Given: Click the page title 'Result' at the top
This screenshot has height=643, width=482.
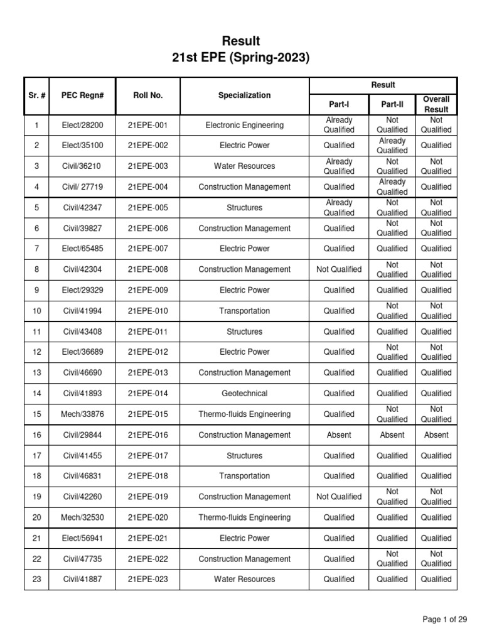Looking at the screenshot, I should click(240, 41).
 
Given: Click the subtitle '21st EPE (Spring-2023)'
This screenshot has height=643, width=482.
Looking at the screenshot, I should click(240, 58).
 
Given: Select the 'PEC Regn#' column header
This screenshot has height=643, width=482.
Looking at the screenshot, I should click(82, 95).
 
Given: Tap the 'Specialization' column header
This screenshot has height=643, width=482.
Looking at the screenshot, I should click(244, 95).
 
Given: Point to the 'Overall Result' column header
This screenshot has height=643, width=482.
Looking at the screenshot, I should click(436, 104).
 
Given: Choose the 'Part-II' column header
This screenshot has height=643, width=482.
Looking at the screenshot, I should click(392, 104).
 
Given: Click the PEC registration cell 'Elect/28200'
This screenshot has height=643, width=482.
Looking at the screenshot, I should click(82, 125).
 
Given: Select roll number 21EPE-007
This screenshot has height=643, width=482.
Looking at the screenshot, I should click(148, 249).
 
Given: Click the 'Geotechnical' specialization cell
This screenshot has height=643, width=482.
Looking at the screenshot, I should click(244, 394).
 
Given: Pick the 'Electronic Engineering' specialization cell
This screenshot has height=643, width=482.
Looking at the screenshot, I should click(244, 125).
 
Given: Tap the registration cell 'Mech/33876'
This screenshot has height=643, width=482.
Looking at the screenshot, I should click(82, 414).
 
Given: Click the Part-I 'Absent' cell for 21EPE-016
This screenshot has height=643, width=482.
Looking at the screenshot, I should click(339, 435).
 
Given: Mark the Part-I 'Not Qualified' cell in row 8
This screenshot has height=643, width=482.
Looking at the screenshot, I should click(339, 269).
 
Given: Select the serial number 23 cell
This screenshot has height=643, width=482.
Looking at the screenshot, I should click(36, 580).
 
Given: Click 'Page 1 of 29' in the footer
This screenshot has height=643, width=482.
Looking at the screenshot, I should click(445, 620).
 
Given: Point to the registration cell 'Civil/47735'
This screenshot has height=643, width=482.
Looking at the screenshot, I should click(82, 559).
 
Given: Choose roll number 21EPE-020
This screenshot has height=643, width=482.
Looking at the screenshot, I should click(148, 518).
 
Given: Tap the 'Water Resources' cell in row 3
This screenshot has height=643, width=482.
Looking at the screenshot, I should click(244, 166).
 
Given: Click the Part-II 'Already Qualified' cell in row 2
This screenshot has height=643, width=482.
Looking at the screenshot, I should click(392, 146).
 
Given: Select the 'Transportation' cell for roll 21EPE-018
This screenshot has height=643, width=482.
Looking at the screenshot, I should click(244, 476).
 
